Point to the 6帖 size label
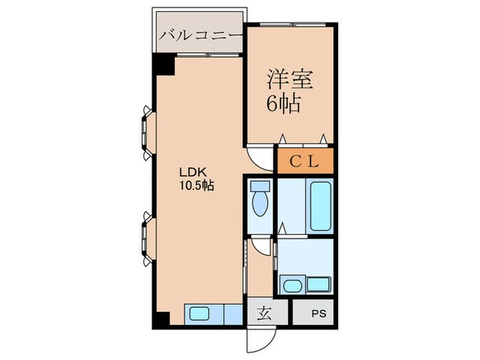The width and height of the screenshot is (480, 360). (x=283, y=104)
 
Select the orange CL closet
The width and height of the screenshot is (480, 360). (x=305, y=162)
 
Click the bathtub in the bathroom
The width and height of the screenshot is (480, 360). (x=320, y=205)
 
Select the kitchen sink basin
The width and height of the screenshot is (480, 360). (x=200, y=314)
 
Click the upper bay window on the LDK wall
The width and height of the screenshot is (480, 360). (x=146, y=125)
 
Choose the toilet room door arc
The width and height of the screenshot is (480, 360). (x=261, y=246)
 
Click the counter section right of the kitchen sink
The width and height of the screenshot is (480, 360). (x=233, y=314)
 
